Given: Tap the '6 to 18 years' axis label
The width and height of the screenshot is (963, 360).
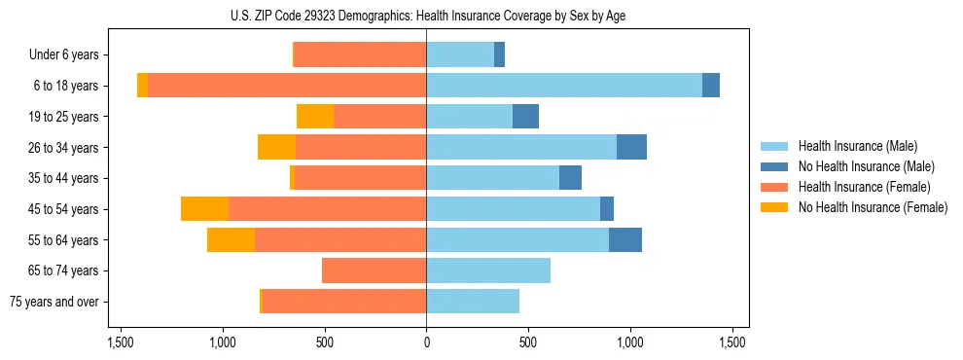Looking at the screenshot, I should click(66, 86).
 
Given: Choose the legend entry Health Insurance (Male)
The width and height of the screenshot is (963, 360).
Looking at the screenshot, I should click(857, 146).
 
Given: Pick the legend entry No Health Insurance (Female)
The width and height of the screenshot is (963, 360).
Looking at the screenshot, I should click(872, 207).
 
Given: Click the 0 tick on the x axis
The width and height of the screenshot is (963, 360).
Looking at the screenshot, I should click(426, 343).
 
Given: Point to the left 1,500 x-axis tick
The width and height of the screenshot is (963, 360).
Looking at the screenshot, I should click(121, 343).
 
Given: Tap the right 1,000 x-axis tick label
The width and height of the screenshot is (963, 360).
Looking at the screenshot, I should click(630, 343).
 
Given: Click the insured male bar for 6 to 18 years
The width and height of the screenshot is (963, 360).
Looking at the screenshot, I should click(564, 86).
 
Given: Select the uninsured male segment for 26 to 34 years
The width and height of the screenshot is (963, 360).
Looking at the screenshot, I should click(631, 147).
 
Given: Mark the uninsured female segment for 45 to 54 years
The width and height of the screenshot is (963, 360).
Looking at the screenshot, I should click(204, 209).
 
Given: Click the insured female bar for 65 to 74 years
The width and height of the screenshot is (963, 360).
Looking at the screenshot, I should click(374, 270).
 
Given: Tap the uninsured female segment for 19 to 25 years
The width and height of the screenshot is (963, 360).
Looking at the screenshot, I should click(315, 117).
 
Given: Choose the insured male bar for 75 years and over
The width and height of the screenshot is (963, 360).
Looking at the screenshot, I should click(473, 302).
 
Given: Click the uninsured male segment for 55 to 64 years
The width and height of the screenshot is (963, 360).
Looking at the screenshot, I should click(625, 239).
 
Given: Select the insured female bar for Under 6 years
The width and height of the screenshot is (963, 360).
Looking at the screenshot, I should click(360, 55).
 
